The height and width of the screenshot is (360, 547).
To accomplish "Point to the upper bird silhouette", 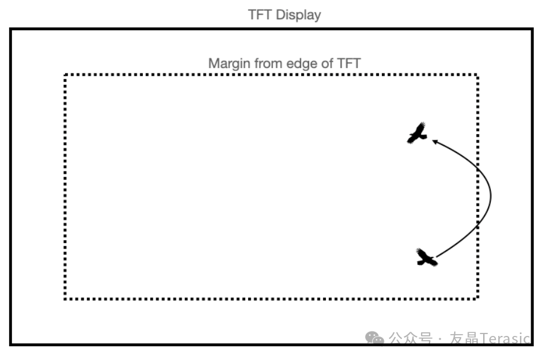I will point(417,133).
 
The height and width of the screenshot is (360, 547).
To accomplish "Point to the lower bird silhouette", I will point(426,258).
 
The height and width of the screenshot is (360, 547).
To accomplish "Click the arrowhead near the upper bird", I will point(434,141).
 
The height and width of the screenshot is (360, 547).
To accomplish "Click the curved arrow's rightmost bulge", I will point(490,196).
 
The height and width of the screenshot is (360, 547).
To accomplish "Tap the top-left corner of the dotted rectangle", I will point(65,75).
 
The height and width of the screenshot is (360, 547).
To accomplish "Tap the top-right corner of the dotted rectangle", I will point(477,75).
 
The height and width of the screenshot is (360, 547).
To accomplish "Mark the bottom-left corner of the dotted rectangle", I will point(65,298).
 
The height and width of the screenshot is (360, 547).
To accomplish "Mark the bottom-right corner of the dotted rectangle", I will point(477,298).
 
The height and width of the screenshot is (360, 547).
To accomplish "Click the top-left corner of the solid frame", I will point(10,29).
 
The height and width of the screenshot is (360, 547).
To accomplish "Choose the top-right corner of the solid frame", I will point(533,29).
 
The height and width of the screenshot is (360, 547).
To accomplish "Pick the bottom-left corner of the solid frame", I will point(10,344).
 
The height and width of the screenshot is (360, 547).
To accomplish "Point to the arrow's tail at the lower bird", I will point(437,258).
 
